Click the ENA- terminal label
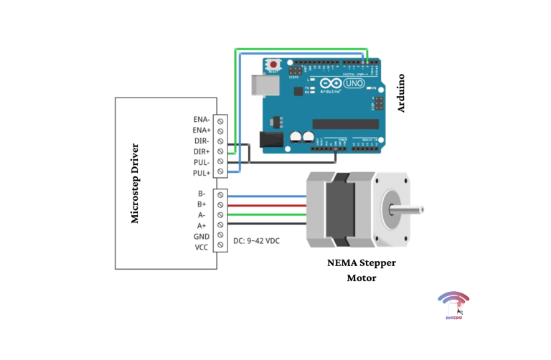tap(201, 120)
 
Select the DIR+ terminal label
tap(201, 152)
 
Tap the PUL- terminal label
tap(201, 163)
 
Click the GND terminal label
tap(201, 237)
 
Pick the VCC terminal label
tap(201, 247)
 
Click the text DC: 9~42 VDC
tap(256, 242)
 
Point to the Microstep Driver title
tap(135, 184)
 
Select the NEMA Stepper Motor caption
tap(361, 270)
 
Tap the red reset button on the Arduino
tap(273, 65)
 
